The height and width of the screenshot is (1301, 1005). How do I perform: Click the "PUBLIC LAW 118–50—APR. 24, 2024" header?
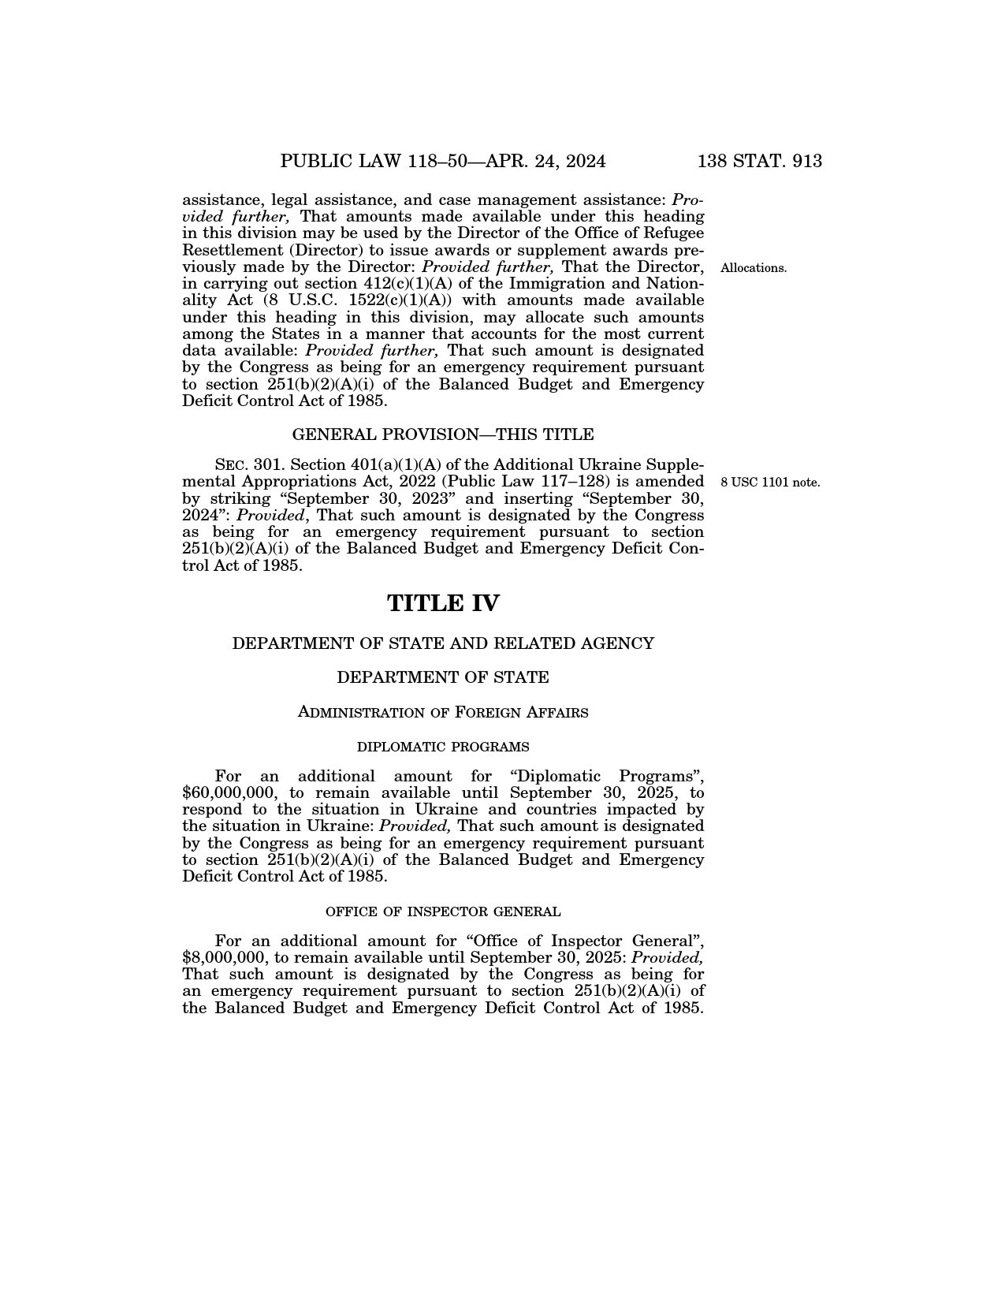(x=443, y=162)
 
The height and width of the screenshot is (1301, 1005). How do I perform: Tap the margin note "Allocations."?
(x=753, y=268)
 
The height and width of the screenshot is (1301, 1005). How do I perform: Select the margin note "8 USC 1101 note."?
(x=770, y=482)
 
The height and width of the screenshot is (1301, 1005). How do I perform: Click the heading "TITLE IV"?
(x=443, y=603)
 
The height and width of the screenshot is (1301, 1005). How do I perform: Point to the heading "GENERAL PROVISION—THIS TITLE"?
(x=443, y=434)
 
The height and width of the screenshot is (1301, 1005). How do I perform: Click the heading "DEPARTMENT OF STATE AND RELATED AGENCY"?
(x=443, y=643)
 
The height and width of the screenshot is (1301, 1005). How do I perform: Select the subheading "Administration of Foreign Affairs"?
(x=443, y=713)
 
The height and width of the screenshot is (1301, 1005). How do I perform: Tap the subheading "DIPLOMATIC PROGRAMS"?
(x=443, y=747)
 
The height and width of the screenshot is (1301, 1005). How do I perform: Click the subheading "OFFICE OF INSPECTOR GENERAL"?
(x=443, y=912)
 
